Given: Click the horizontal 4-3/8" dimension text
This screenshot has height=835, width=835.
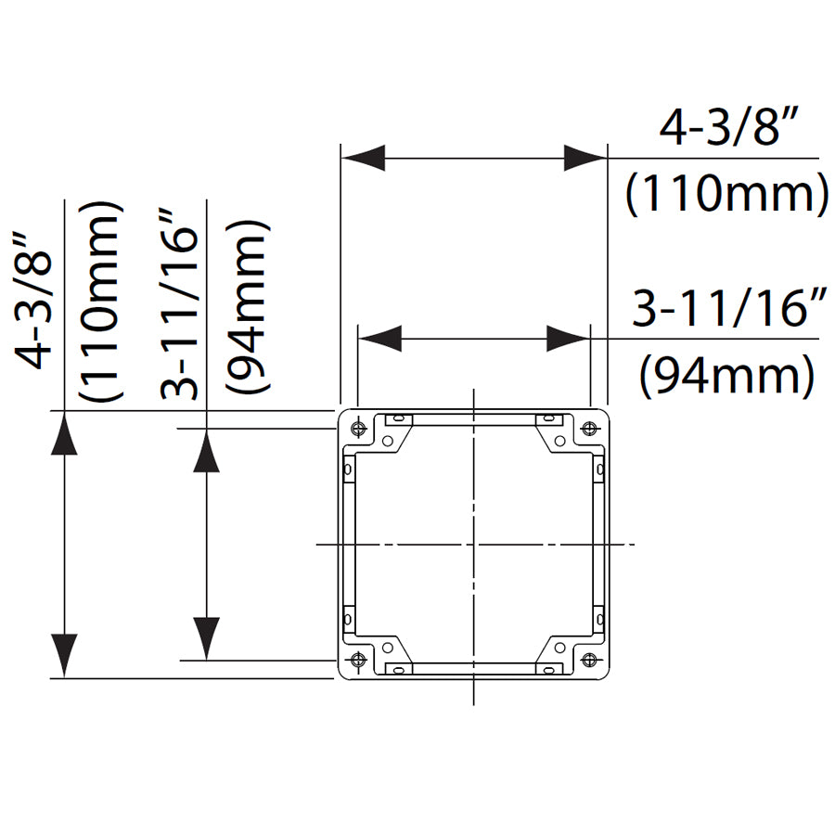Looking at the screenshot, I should tap(729, 129).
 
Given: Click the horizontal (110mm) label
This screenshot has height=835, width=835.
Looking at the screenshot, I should tap(726, 196).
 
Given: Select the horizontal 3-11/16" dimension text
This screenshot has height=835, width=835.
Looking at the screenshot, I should tap(729, 310).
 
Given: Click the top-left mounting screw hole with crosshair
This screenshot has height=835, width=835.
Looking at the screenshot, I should tap(357, 429).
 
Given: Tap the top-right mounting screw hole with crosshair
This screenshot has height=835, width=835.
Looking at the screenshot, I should tap(589, 429).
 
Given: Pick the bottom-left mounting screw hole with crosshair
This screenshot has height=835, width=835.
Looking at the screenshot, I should tap(357, 660).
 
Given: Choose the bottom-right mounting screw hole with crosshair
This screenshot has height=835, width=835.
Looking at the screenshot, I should tap(589, 660).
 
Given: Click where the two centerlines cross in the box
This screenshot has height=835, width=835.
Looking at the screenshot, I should tap(473, 544).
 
